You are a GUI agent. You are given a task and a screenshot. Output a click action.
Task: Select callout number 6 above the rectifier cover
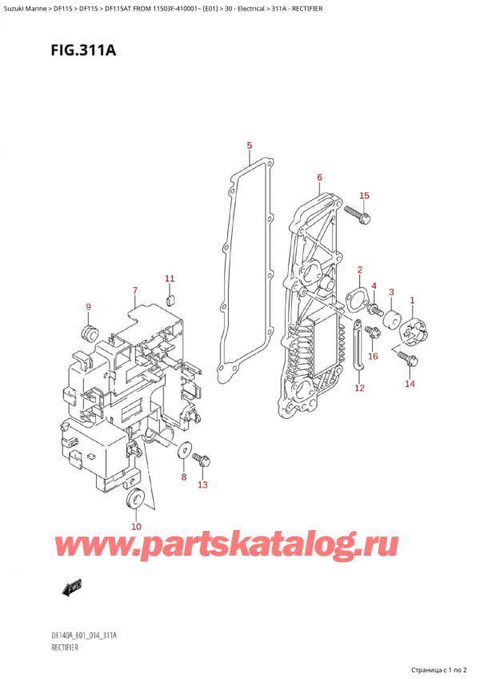319,177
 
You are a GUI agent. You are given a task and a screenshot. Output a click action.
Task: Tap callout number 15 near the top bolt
364,195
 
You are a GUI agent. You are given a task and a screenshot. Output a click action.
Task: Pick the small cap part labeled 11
169,301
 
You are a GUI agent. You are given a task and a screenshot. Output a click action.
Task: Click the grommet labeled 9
90,331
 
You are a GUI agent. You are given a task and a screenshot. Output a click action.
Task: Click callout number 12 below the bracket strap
359,388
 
